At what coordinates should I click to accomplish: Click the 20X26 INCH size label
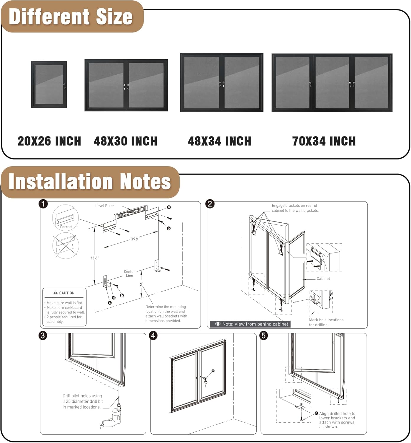click(x=49, y=141)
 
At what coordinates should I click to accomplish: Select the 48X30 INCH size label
click(x=125, y=141)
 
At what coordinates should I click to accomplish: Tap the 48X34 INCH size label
click(x=220, y=141)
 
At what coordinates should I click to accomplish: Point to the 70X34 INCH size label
click(x=324, y=141)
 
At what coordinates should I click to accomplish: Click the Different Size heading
click(x=71, y=17)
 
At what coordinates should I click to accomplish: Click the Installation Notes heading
click(x=90, y=181)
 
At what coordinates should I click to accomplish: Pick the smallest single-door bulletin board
click(x=49, y=84)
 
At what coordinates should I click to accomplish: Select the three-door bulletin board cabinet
click(x=332, y=83)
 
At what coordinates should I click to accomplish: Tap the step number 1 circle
click(x=43, y=204)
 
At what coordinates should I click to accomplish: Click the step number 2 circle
click(x=210, y=204)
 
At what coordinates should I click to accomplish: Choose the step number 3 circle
click(x=43, y=335)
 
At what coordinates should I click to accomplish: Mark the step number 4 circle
click(x=153, y=335)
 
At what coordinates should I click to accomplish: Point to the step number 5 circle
click(x=263, y=335)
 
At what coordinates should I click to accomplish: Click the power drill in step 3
click(x=117, y=413)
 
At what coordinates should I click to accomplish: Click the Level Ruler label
click(x=104, y=206)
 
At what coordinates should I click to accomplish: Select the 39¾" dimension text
click(x=135, y=239)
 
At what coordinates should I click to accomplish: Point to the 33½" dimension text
click(x=94, y=258)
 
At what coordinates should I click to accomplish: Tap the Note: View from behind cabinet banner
click(x=251, y=324)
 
